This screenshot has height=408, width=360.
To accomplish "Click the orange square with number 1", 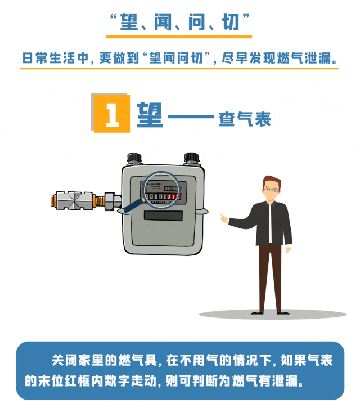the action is [x=112, y=114].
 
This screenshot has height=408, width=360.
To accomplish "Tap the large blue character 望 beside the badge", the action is [x=150, y=114].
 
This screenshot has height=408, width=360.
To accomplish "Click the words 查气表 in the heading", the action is [x=245, y=119].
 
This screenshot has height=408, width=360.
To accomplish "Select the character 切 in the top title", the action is [x=230, y=22].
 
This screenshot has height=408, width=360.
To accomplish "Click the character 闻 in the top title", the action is [x=163, y=22].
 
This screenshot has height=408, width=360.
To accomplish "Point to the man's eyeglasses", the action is [x=271, y=190].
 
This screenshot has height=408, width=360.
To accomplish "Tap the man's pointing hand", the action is [x=223, y=218].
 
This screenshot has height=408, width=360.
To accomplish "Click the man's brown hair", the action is [x=272, y=181].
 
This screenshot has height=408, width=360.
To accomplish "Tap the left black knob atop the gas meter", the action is [x=134, y=158].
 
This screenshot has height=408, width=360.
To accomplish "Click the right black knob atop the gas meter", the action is [x=191, y=158].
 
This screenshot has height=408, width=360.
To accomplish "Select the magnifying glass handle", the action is [x=134, y=205].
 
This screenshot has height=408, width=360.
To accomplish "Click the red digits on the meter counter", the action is [x=174, y=196].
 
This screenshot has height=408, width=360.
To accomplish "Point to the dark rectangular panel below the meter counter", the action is [x=163, y=216].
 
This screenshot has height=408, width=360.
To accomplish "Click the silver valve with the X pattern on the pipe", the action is [x=74, y=200].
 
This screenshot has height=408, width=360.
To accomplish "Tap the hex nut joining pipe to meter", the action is [x=109, y=201].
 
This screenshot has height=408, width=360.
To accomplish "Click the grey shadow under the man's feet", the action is [x=273, y=315].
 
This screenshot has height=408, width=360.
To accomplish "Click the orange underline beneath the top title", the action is [x=179, y=37].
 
